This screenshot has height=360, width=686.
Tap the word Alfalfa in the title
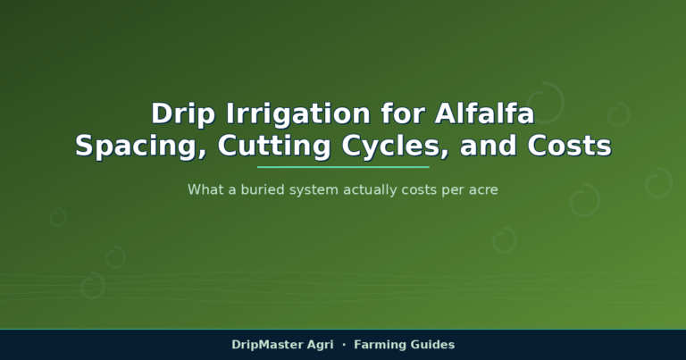tap(484, 113)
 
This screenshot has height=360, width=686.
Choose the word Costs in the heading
tap(569, 146)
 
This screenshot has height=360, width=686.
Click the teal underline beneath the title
tap(343, 167)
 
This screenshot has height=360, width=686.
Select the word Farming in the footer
tap(378, 346)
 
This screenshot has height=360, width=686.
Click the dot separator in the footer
tap(344, 345)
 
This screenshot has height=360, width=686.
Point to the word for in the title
tap(403, 113)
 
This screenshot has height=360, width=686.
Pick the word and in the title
tap(488, 146)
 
